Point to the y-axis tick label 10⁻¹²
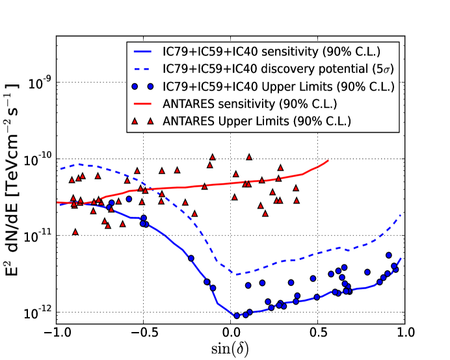coord(36,312)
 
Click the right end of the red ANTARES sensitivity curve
coord(328,161)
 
